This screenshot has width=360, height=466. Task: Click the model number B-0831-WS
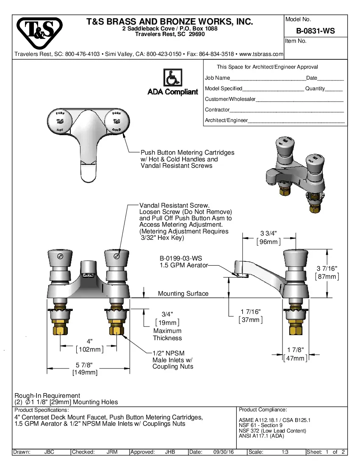tap(316, 31)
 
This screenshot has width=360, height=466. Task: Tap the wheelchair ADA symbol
tap(173, 78)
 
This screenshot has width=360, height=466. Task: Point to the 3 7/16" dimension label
tap(327, 269)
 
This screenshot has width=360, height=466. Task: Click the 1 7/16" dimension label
tap(251, 312)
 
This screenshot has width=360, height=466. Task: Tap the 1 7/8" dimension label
tap(295, 350)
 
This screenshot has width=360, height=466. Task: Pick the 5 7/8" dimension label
tap(84, 365)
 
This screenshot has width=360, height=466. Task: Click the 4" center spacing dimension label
tap(89, 341)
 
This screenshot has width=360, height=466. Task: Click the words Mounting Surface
tap(183, 293)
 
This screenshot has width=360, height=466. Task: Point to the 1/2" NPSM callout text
tap(169, 353)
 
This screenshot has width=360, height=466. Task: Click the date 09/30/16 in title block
tap(224, 452)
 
